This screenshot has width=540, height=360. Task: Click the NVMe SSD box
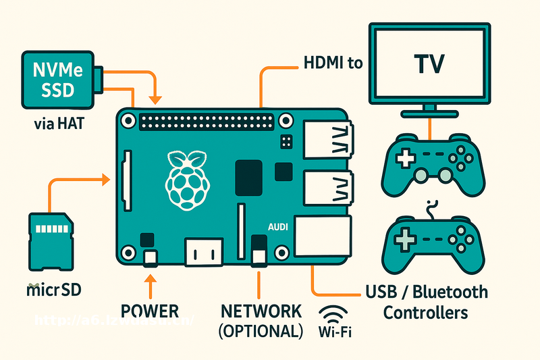(x=57, y=80)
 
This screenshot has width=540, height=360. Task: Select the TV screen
(x=429, y=65)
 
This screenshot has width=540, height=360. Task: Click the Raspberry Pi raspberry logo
(x=188, y=178)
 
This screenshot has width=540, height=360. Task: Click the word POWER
(x=149, y=311)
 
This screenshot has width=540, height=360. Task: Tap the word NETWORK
(x=261, y=311)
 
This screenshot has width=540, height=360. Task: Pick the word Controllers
(x=425, y=313)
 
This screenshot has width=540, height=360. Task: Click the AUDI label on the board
(x=277, y=228)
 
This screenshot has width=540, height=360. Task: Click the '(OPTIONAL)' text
(x=261, y=331)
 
